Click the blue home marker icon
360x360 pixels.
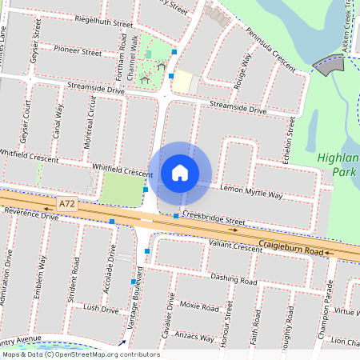coord(180,173)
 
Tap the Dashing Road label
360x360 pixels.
coord(234,279)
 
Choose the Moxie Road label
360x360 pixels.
coord(200,306)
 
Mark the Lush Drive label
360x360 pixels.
coord(100,308)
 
